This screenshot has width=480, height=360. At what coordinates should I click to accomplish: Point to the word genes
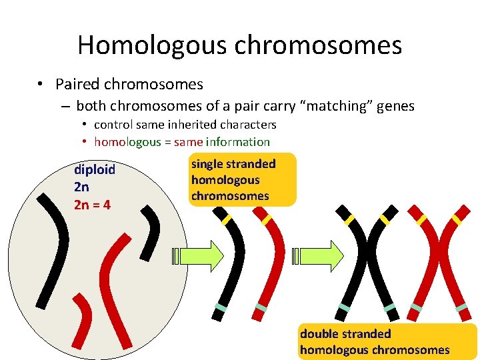click(396, 106)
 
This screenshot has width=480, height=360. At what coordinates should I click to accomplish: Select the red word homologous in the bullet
click(127, 142)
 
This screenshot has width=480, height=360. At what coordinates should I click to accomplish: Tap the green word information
click(238, 142)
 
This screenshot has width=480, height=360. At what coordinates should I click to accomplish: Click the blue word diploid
click(95, 169)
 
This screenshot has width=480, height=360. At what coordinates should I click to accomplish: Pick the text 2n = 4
click(92, 204)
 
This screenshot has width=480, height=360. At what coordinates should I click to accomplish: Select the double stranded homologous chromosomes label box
click(387, 342)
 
